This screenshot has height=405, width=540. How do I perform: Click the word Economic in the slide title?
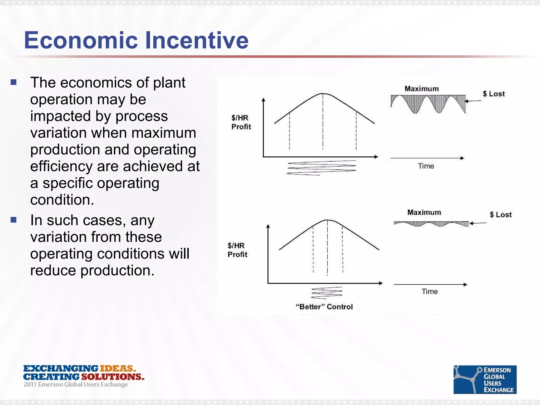pyautogui.click(x=81, y=40)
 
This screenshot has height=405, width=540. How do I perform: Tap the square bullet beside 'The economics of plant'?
pyautogui.click(x=14, y=83)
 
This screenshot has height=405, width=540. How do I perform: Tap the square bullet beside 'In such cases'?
pyautogui.click(x=14, y=220)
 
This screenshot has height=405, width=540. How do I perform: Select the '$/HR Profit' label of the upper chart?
pyautogui.click(x=241, y=122)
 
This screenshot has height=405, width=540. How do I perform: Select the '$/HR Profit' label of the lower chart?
pyautogui.click(x=237, y=250)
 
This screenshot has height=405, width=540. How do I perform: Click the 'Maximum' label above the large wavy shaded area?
pyautogui.click(x=422, y=89)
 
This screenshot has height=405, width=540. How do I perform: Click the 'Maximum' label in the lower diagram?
pyautogui.click(x=424, y=212)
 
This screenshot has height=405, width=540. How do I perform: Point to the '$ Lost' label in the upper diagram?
pyautogui.click(x=494, y=94)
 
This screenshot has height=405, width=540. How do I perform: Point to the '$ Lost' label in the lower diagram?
pyautogui.click(x=500, y=215)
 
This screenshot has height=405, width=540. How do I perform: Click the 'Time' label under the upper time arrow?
pyautogui.click(x=426, y=166)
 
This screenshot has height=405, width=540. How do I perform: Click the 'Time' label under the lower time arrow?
pyautogui.click(x=430, y=291)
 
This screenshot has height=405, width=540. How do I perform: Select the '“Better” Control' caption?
pyautogui.click(x=324, y=307)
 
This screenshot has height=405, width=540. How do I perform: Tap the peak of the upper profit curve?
pyautogui.click(x=323, y=94)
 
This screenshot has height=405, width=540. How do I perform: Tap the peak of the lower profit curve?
pyautogui.click(x=327, y=220)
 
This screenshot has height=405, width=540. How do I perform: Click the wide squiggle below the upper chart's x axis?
pyautogui.click(x=321, y=168)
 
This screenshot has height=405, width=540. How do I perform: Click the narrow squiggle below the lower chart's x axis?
pyautogui.click(x=327, y=293)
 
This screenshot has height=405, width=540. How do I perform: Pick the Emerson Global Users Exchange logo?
pyautogui.click(x=485, y=379)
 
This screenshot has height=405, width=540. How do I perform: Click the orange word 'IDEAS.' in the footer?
pyautogui.click(x=118, y=368)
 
